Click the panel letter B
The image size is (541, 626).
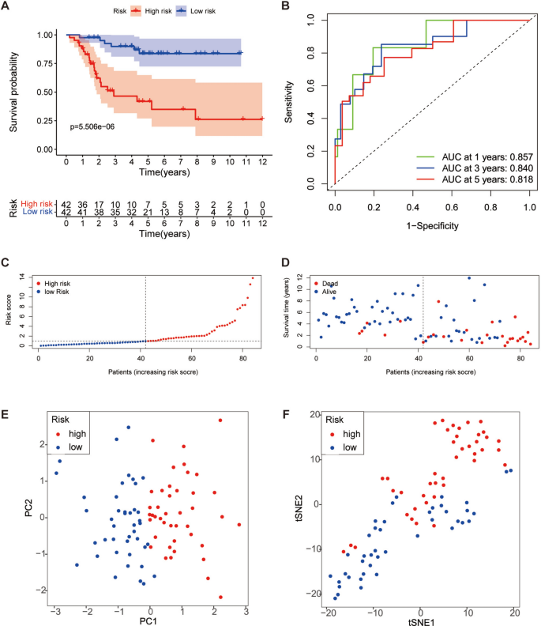[x=286, y=7]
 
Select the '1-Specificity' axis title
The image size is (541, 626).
[x=432, y=224]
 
